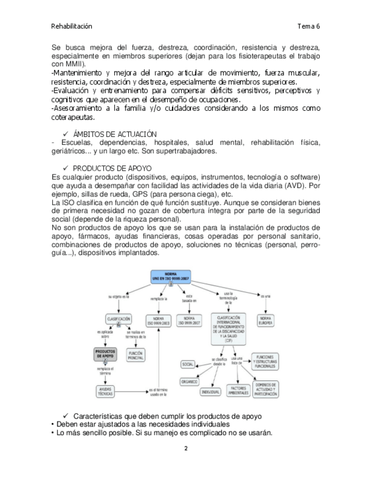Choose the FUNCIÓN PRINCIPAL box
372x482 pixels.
coord(136,355)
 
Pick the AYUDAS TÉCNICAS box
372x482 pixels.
coord(105,391)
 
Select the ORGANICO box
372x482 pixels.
coord(189,381)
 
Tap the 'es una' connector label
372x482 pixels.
coord(265,296)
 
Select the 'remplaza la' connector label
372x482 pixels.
coord(158,297)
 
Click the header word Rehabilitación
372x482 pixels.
coord(72,26)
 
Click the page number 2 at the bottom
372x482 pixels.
coord(186,448)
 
